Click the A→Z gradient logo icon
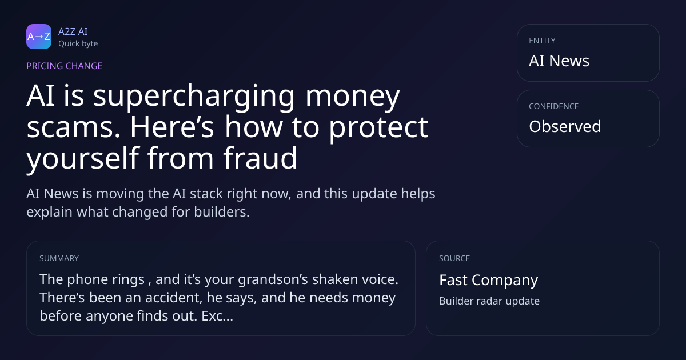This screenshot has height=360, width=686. click(x=39, y=37)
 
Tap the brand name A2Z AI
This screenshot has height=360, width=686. click(x=73, y=31)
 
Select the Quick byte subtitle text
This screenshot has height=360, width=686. click(x=78, y=44)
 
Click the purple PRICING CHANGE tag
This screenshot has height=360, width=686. click(x=64, y=66)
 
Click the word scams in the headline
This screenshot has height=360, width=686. click(x=74, y=127)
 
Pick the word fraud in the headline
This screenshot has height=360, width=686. click(x=260, y=158)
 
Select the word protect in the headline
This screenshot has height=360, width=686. click(x=378, y=129)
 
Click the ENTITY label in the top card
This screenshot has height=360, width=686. click(x=542, y=41)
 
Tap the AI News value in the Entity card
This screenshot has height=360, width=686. click(x=559, y=61)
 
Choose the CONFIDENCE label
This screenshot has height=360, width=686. click(x=554, y=106)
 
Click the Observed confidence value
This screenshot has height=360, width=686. click(x=565, y=126)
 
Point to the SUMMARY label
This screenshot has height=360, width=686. click(x=59, y=258)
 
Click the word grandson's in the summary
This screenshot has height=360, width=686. click(x=273, y=280)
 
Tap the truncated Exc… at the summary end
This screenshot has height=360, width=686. click(x=217, y=316)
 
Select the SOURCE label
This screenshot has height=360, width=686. click(x=454, y=258)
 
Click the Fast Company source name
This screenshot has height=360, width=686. click(x=488, y=281)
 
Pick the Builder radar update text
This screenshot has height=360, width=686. click(x=489, y=301)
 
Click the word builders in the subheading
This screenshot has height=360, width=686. click(x=222, y=212)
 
